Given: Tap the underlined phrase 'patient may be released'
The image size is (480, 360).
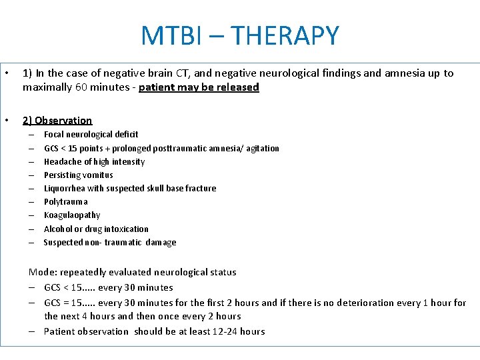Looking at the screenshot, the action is (x=199, y=87).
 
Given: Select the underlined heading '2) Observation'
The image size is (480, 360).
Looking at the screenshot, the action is (x=57, y=121).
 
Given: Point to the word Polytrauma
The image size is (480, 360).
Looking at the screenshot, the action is (x=65, y=201).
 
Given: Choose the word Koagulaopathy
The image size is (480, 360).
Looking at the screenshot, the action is (x=72, y=215).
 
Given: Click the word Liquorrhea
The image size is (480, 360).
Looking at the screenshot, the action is (x=63, y=188).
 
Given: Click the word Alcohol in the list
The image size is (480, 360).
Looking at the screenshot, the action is (x=58, y=229).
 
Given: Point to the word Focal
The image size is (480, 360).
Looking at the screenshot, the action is (x=54, y=134).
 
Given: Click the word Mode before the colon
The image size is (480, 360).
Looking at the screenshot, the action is (x=41, y=272).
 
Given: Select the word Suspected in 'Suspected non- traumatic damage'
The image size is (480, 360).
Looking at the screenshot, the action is (x=63, y=242).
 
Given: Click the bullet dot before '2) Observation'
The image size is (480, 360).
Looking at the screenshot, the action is (x=6, y=121).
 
